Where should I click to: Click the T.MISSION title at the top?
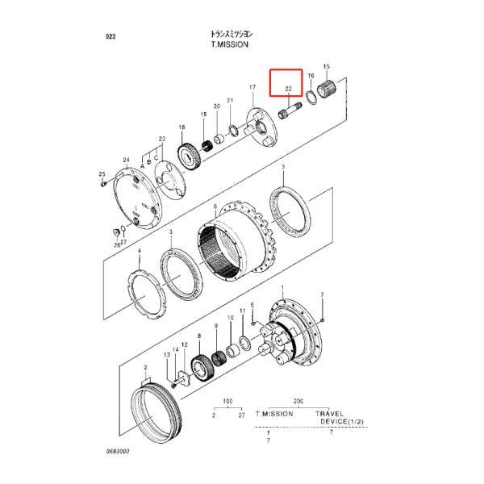229,47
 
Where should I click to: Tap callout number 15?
326,66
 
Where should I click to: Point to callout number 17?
252,87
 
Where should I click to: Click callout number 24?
126,161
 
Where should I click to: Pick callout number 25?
102,174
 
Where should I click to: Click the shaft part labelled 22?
288,106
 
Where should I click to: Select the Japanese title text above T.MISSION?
229,35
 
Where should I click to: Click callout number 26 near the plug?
117,244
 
